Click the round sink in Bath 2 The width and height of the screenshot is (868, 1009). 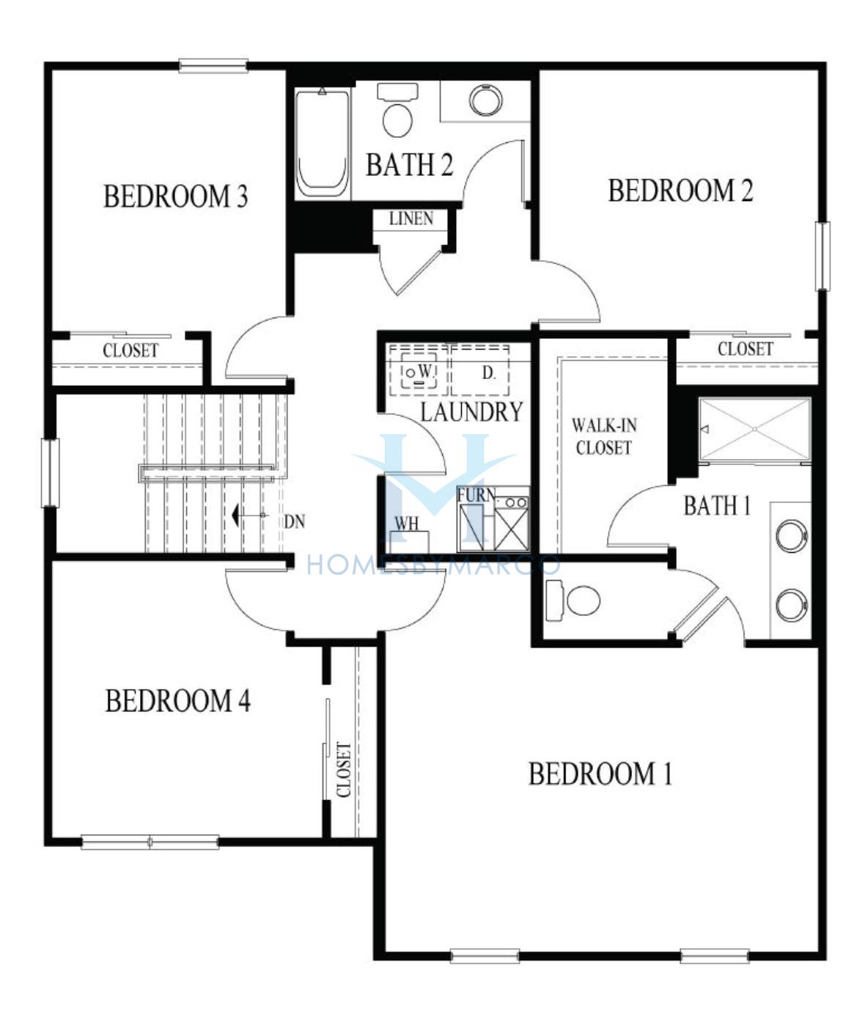coord(485,100)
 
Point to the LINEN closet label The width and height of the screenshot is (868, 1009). coord(411,219)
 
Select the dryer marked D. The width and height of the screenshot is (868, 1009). coord(480,370)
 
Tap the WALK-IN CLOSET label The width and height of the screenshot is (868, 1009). coord(603,436)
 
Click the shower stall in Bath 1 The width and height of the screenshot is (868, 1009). coord(755,430)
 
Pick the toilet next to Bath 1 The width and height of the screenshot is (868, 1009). coord(573,601)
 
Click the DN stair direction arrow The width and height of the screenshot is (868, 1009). coord(249,515)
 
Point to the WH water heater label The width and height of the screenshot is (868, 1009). coord(407,524)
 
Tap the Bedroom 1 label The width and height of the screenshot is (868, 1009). coord(600,774)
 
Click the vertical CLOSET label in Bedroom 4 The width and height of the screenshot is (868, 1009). coord(344,770)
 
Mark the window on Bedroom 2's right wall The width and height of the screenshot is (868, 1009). coord(823,256)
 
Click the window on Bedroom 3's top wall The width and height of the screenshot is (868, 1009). coord(213,66)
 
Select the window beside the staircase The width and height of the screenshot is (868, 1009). coord(51,472)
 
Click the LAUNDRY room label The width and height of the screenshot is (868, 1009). coord(471,411)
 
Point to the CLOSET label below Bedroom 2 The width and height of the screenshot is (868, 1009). coord(745,349)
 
